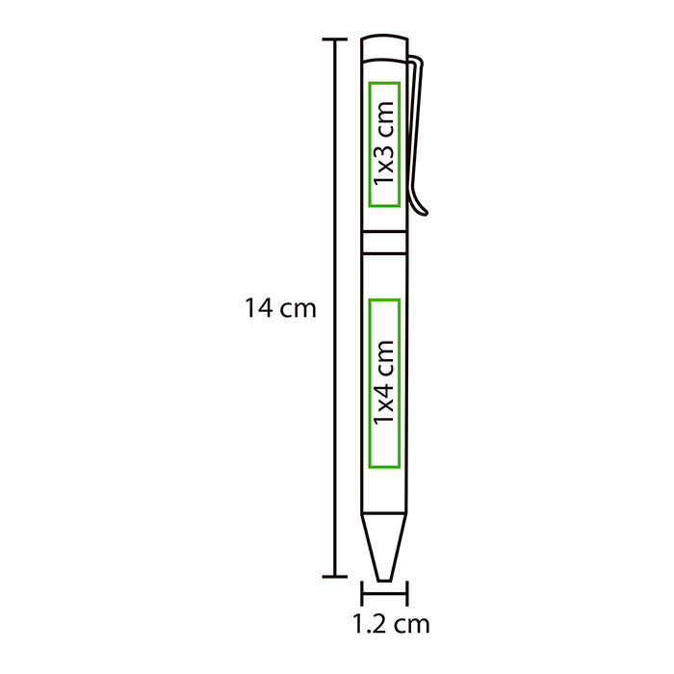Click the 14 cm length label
(x=279, y=309)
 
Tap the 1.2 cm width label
(x=390, y=624)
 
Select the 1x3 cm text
(x=385, y=144)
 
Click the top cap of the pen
(x=384, y=49)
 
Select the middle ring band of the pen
(x=384, y=241)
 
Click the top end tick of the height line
(x=334, y=39)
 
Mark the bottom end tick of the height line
(x=334, y=577)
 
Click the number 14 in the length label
(x=257, y=309)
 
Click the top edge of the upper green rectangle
(x=384, y=83)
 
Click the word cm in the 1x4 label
(x=385, y=356)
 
